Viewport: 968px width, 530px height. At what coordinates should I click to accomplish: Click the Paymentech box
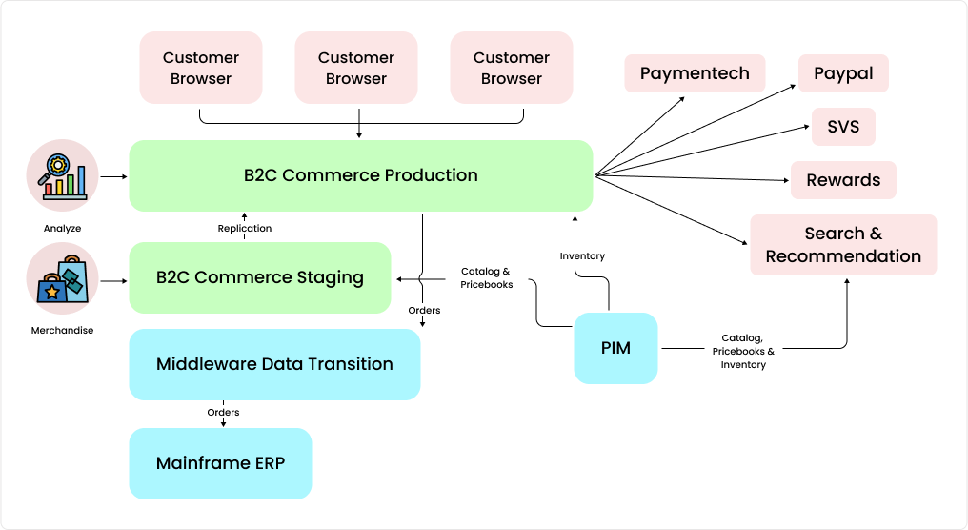click(x=695, y=73)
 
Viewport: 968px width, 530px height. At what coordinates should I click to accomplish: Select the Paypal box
click(x=843, y=73)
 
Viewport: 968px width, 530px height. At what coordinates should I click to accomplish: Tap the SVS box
click(x=843, y=127)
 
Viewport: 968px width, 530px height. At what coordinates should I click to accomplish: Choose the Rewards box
click(x=843, y=180)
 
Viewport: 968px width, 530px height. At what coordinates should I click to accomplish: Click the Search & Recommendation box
click(x=843, y=245)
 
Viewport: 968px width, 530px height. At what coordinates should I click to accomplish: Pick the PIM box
click(x=615, y=348)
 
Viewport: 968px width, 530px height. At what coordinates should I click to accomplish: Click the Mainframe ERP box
click(x=220, y=464)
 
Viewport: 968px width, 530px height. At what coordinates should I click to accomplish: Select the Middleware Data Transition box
click(x=274, y=364)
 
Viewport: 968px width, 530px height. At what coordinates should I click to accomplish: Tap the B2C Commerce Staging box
click(x=260, y=277)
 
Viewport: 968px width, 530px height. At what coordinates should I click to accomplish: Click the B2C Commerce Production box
click(x=361, y=175)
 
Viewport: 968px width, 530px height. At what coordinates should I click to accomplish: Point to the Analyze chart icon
click(x=63, y=175)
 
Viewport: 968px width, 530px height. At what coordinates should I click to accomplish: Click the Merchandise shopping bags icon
click(x=63, y=278)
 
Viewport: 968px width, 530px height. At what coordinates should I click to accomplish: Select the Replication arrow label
click(x=245, y=229)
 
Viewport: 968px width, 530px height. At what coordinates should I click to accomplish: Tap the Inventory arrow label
click(x=582, y=256)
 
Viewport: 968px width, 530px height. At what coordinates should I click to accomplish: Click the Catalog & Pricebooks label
click(x=486, y=277)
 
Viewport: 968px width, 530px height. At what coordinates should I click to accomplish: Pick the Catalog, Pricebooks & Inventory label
click(x=743, y=351)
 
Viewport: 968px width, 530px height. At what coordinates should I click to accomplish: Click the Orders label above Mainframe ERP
click(x=223, y=413)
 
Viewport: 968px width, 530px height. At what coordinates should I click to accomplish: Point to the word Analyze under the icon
click(x=63, y=229)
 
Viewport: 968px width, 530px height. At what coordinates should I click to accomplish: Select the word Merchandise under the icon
click(x=63, y=331)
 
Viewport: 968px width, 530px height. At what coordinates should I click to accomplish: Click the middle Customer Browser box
click(x=356, y=68)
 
